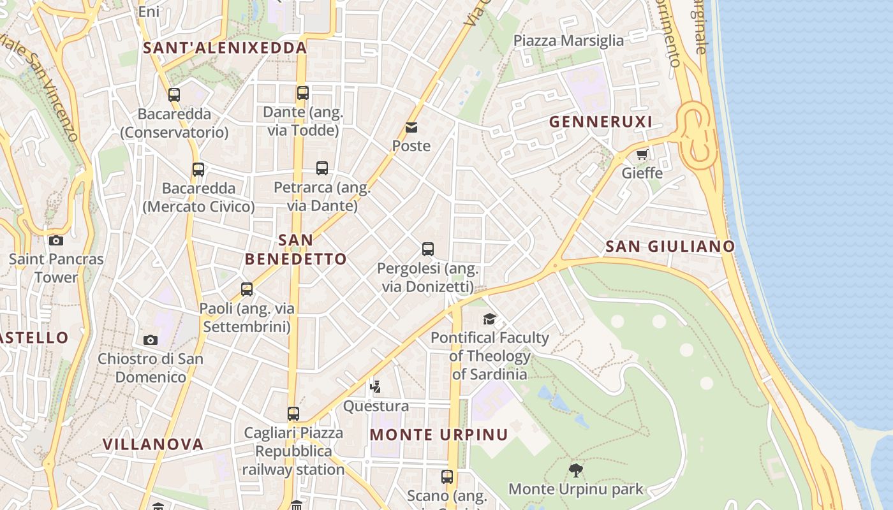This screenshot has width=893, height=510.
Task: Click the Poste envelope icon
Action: (x=411, y=127)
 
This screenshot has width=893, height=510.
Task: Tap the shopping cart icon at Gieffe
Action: (x=642, y=154)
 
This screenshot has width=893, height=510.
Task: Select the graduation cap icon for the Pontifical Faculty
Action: (x=489, y=319)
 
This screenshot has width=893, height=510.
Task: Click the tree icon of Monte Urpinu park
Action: (x=575, y=470)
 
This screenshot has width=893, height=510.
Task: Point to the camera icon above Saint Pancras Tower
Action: (x=56, y=240)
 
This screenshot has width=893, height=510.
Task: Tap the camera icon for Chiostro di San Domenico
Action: (x=151, y=340)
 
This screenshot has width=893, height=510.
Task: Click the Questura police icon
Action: (x=376, y=386)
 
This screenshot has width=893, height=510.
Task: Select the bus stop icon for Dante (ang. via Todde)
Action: (x=303, y=93)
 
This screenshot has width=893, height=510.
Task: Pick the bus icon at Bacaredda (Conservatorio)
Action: (x=174, y=95)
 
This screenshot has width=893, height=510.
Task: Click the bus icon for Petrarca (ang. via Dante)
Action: (x=322, y=168)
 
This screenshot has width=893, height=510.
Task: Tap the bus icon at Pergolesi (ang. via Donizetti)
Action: (x=428, y=249)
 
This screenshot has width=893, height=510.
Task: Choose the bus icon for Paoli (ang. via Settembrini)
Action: (x=247, y=289)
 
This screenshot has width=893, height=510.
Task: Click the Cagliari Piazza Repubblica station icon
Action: (x=293, y=414)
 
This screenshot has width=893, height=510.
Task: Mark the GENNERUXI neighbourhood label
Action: (x=600, y=122)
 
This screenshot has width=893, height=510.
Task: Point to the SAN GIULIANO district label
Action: (x=670, y=246)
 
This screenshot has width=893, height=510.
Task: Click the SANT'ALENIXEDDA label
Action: (x=225, y=48)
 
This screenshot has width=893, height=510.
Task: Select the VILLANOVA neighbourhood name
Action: (x=153, y=444)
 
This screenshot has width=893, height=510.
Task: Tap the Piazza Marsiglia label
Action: (x=568, y=41)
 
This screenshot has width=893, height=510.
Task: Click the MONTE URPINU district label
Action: (x=439, y=435)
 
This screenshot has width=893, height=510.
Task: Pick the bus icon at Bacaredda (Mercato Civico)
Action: (x=198, y=170)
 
